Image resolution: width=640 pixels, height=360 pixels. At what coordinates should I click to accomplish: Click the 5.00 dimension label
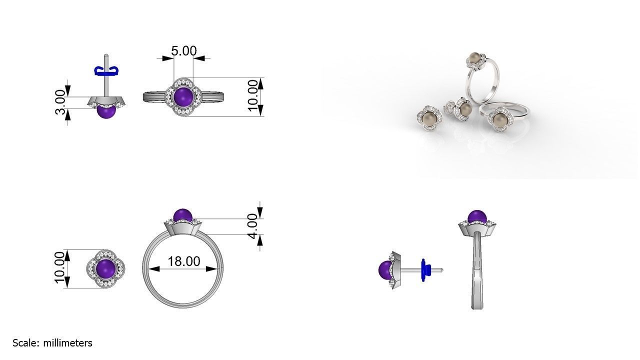tap(183, 51)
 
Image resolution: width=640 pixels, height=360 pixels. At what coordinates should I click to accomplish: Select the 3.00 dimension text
tap(60, 102)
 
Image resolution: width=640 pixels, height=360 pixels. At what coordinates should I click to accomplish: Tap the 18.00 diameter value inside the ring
tap(183, 261)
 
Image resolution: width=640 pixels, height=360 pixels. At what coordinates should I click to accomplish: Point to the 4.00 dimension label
tap(252, 226)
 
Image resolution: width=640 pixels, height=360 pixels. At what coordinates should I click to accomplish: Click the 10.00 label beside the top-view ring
tap(253, 95)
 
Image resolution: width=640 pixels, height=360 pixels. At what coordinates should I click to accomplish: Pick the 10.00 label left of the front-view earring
tap(60, 267)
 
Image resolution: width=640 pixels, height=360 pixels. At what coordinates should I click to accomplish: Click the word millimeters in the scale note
tap(67, 343)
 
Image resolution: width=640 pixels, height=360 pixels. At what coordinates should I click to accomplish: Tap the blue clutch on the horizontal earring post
tap(425, 270)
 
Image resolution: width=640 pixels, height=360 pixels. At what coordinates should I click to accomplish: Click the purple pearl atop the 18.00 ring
tap(182, 216)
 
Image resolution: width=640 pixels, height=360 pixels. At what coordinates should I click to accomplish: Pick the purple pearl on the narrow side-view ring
tap(477, 217)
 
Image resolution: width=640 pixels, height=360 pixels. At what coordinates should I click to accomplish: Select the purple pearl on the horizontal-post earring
tap(385, 270)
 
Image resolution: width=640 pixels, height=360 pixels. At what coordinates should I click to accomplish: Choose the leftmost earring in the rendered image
tap(427, 118)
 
